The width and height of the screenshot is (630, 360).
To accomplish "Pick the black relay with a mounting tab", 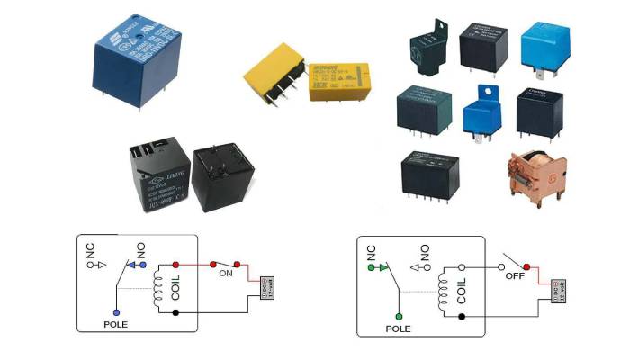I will coord(430,42).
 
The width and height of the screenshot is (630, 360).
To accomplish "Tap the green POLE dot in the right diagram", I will coord(397,317).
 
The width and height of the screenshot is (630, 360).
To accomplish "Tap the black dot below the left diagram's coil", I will coord(174,312).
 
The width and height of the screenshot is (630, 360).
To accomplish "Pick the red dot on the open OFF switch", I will coord(526,267).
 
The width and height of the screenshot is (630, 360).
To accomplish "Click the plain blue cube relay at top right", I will coord(543,44).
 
